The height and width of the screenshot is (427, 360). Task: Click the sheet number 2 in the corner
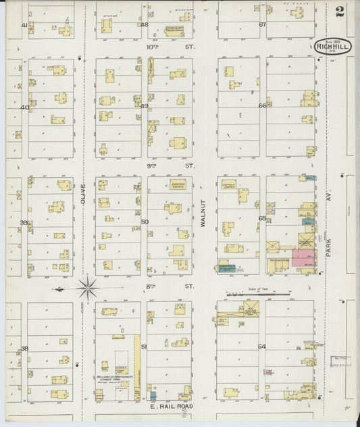338,11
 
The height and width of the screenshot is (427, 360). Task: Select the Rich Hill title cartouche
331,46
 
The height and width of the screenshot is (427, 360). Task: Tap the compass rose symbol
87,288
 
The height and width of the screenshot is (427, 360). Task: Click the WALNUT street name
203,217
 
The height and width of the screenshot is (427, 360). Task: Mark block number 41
24,25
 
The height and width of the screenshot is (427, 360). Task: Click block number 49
145,106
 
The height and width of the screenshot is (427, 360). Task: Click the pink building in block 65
303,259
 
